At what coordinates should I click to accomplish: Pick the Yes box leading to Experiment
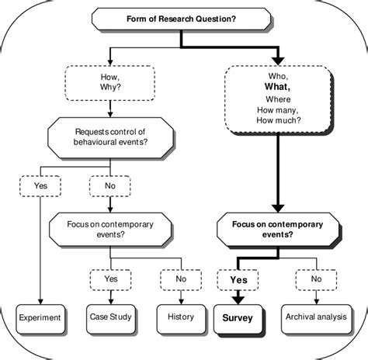[40, 185]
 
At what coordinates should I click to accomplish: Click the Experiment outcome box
[40, 318]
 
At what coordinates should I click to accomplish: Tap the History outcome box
[181, 318]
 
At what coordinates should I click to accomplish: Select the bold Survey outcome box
[238, 318]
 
